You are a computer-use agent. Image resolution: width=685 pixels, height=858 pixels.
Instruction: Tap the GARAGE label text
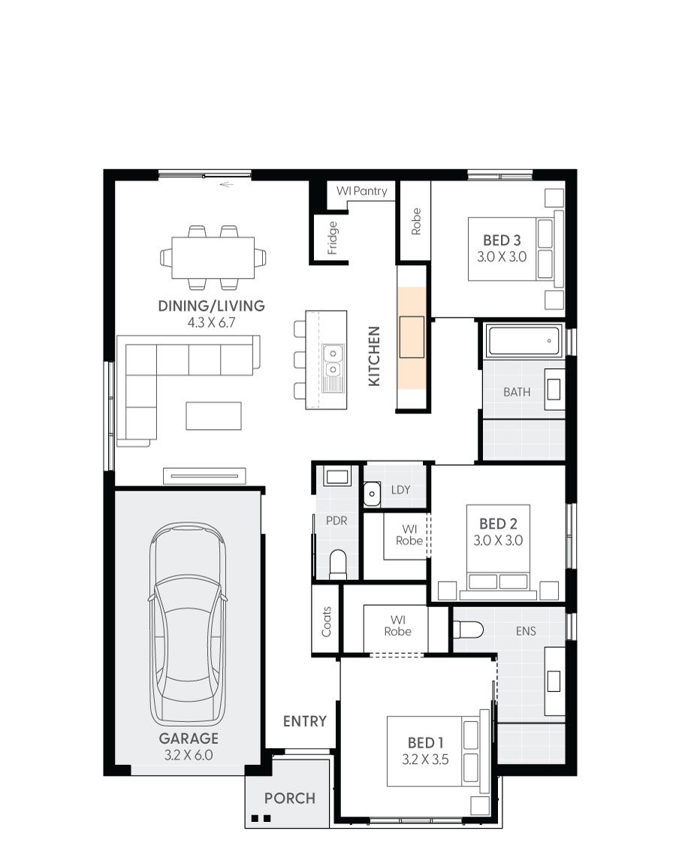[188, 739]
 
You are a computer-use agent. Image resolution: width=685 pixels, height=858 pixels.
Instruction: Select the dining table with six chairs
[213, 257]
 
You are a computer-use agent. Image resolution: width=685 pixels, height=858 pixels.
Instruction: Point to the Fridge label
[333, 238]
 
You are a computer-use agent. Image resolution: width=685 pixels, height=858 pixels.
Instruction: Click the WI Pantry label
[362, 192]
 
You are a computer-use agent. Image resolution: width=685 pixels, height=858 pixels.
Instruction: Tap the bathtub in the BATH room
[524, 342]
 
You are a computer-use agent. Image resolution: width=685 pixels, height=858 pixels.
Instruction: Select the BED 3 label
[502, 240]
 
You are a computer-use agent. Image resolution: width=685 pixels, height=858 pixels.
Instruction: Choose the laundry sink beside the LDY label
[371, 493]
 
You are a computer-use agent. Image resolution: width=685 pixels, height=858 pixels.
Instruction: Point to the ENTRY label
[304, 721]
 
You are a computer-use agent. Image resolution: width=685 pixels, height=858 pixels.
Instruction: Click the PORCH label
[289, 798]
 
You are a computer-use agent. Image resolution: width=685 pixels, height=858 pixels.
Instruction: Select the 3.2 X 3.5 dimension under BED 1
[425, 759]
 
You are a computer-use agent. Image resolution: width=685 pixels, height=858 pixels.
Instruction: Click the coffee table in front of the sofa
[214, 415]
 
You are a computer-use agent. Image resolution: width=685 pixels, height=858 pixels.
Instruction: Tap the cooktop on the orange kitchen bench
[412, 337]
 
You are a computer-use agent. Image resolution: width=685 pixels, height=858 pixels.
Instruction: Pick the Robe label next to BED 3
[415, 222]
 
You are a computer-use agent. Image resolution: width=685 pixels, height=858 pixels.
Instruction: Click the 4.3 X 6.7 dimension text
[211, 322]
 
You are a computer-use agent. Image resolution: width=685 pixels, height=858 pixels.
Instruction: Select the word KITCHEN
[375, 356]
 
